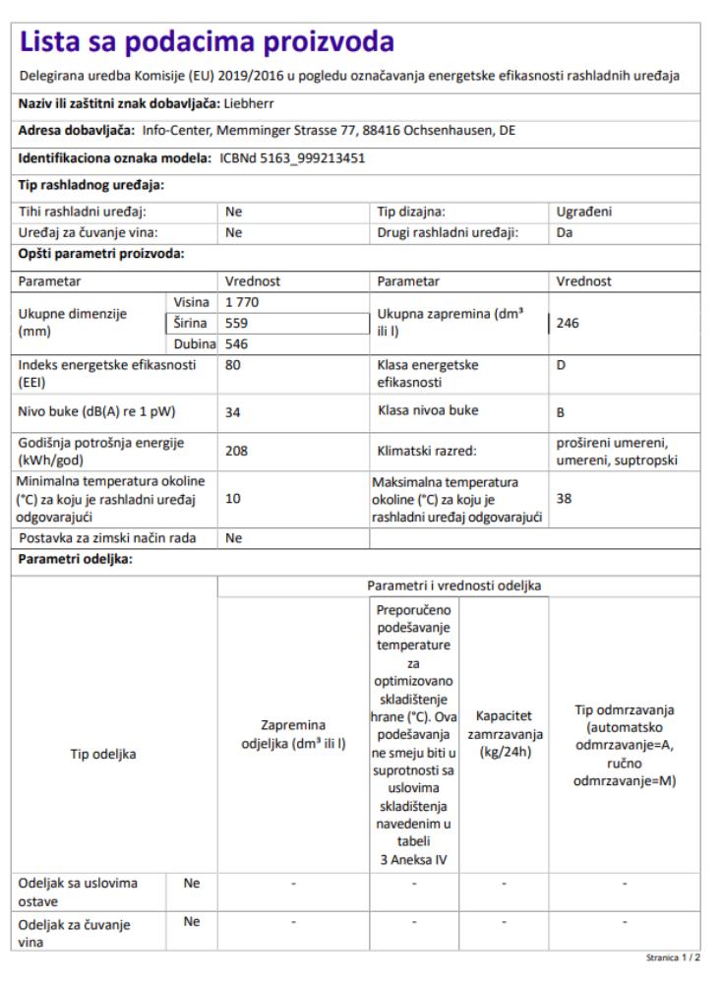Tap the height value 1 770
[244, 303]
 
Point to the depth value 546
[237, 343]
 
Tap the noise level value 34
[233, 412]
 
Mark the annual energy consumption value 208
[237, 451]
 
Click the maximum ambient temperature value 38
[564, 499]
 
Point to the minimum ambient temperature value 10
[233, 499]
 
